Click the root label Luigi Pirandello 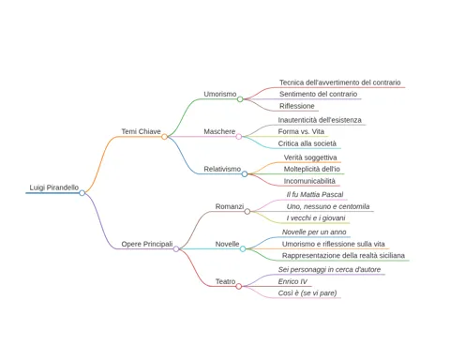(54, 187)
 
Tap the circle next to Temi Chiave (164, 137)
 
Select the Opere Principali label (147, 244)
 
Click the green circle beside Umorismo (240, 99)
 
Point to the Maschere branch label (219, 131)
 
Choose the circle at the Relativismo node (245, 174)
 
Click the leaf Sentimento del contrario (318, 94)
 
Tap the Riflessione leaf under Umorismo (297, 106)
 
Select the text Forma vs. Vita (301, 131)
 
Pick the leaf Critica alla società (307, 143)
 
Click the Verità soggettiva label (310, 157)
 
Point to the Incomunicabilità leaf (309, 181)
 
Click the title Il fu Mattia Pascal (315, 194)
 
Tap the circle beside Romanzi (247, 212)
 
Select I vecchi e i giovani (316, 218)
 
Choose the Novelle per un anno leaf (314, 232)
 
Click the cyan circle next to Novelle (243, 248)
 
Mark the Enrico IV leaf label (292, 281)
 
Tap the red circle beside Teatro (239, 286)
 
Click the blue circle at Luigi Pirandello (82, 193)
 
